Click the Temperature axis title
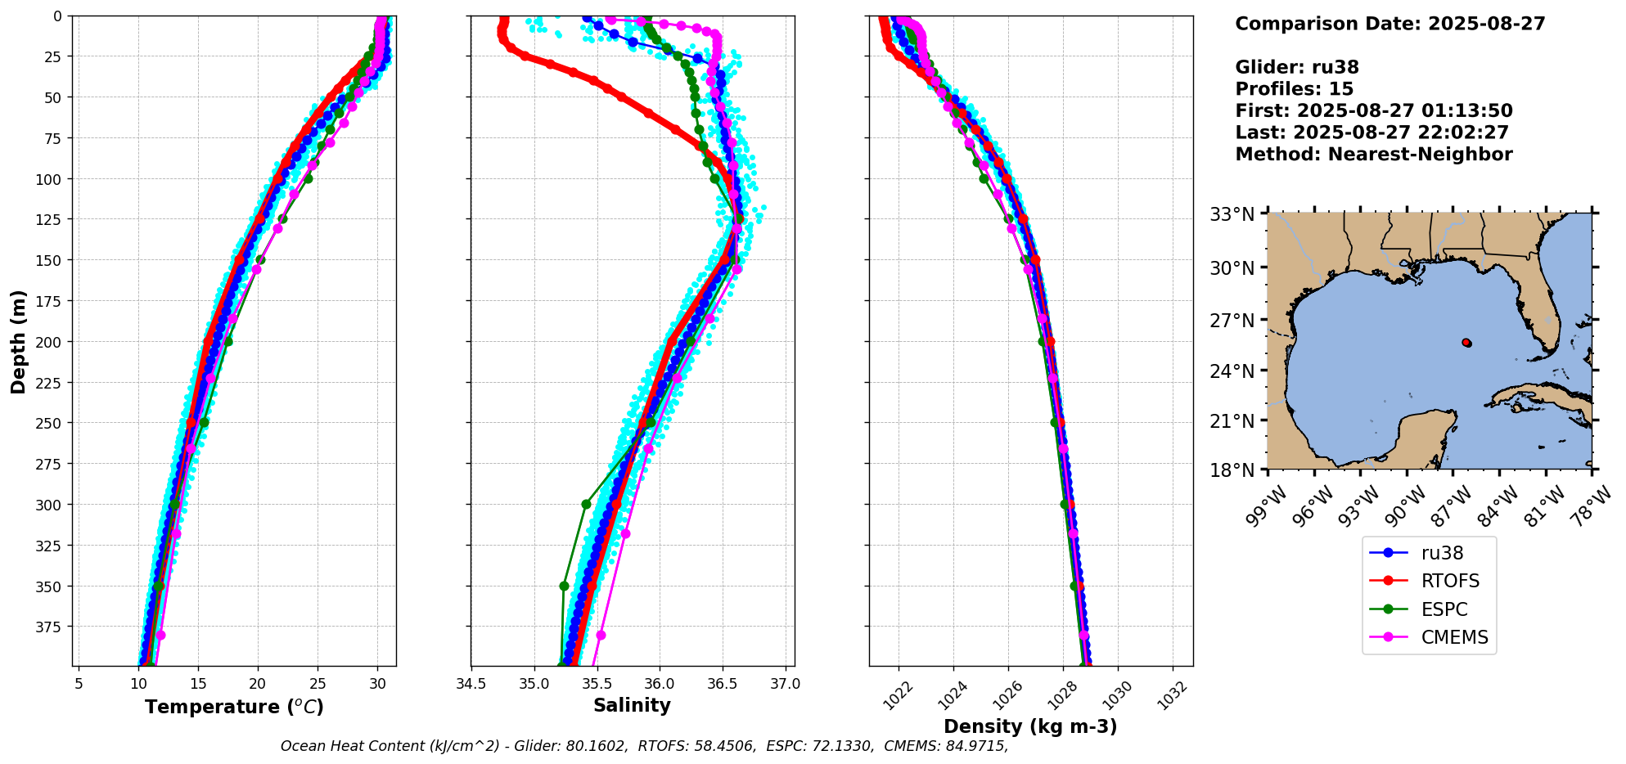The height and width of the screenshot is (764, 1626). (x=234, y=707)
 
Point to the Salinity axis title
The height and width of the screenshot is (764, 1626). (x=632, y=706)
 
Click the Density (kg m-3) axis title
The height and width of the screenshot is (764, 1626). (x=1030, y=726)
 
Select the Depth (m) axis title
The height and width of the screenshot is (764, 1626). (x=19, y=341)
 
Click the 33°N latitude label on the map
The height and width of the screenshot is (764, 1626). (x=1232, y=215)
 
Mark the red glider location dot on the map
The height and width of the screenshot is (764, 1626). (x=1466, y=343)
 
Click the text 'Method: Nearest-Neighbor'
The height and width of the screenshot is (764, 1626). (x=1373, y=155)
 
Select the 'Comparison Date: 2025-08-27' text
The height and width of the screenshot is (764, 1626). (x=1390, y=24)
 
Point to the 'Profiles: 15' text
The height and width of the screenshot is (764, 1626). (x=1294, y=89)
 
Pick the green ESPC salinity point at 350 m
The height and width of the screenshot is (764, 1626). (x=564, y=586)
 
